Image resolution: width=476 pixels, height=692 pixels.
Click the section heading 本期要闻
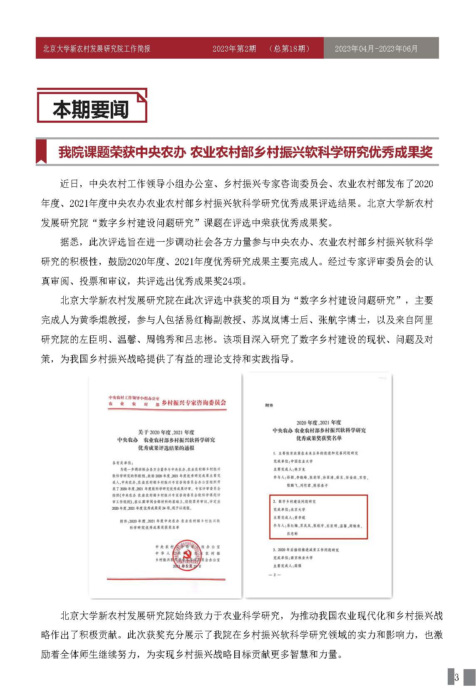coord(91,109)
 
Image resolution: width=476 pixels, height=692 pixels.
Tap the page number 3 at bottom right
coord(456,677)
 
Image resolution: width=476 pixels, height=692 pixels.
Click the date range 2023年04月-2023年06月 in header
coord(376,49)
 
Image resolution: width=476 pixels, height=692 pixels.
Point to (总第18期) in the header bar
coord(290,49)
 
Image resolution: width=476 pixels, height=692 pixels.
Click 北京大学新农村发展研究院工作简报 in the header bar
coord(97,49)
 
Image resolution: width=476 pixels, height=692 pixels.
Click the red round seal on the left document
coord(185,554)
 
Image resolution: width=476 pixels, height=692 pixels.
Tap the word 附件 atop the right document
coord(270,404)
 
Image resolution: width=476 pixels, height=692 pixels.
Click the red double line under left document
coord(166,579)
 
